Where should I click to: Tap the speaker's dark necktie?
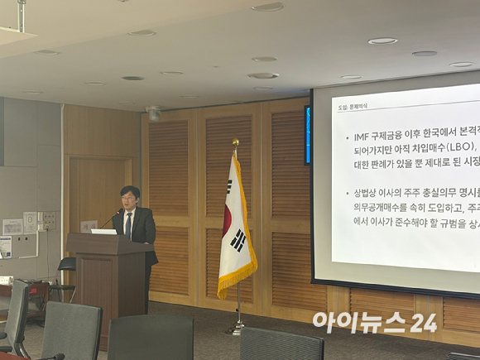128,225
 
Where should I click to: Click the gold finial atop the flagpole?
235,144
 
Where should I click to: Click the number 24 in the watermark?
423,322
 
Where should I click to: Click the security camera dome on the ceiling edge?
154,113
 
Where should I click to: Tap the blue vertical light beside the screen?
307,134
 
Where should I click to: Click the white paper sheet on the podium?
104,231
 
